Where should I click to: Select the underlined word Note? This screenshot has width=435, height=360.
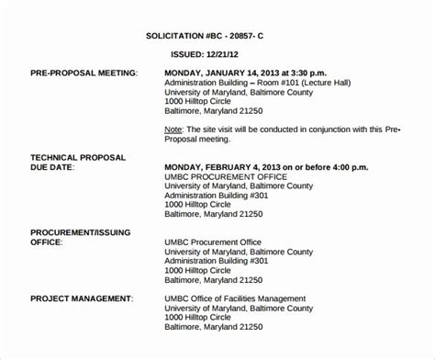point(173,131)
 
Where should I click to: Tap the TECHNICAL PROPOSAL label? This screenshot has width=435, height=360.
point(78,157)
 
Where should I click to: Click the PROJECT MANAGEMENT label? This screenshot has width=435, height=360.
point(79,298)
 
